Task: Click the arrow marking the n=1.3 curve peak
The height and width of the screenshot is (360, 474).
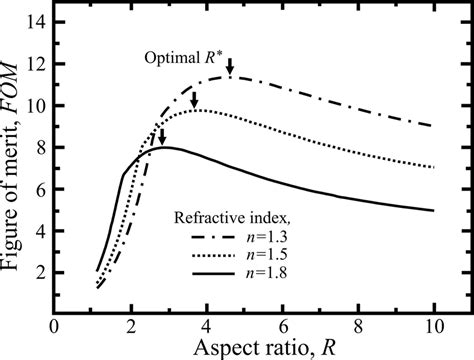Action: point(230,66)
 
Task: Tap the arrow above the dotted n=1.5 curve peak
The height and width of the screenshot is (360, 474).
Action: point(194,99)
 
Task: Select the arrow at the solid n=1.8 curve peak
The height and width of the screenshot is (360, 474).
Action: point(162,137)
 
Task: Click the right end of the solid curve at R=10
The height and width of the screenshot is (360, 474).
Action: point(435,210)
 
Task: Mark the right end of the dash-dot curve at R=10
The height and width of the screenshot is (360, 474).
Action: point(435,125)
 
